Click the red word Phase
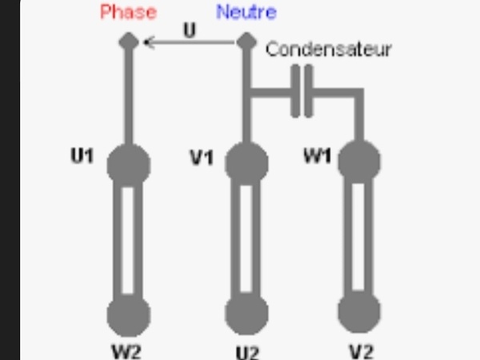(x=129, y=13)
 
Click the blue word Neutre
(x=246, y=13)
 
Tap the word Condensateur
(x=329, y=50)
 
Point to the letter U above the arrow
(x=189, y=30)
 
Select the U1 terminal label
(x=82, y=154)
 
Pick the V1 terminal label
(x=202, y=157)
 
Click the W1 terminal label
(x=318, y=155)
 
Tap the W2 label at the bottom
(x=128, y=350)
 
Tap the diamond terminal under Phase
(x=128, y=41)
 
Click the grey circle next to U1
(x=129, y=163)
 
